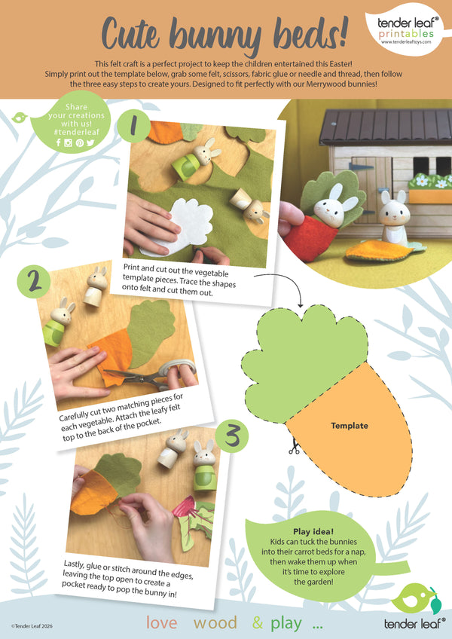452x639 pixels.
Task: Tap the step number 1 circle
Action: coord(133,127)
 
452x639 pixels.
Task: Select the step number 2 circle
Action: coord(33,282)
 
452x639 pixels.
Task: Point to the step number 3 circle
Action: coord(232,436)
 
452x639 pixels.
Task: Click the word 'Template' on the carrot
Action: coord(350,426)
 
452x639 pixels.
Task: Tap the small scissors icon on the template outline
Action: coord(294,448)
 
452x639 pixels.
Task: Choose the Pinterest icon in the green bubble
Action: coord(80,142)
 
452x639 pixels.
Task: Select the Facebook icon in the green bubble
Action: coord(58,142)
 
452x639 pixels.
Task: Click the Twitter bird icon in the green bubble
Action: coord(90,142)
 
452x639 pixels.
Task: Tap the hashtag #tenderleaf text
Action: coord(76,132)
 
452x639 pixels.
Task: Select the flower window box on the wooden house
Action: coord(429,188)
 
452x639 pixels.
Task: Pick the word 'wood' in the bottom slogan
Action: coord(215,622)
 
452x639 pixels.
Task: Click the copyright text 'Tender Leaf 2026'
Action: coord(32,626)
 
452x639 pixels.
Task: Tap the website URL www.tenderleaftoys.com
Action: coord(405,41)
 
